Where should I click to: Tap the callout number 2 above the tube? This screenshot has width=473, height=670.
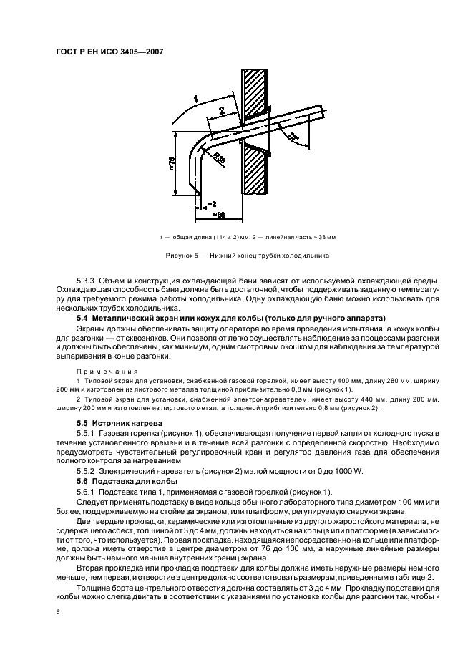point(222,110)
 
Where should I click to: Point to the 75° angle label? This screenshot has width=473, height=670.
point(292,135)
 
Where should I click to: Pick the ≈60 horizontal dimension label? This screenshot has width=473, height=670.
point(219,214)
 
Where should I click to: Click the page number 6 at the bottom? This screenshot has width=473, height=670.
point(57,611)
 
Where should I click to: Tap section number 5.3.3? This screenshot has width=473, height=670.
point(89,280)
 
